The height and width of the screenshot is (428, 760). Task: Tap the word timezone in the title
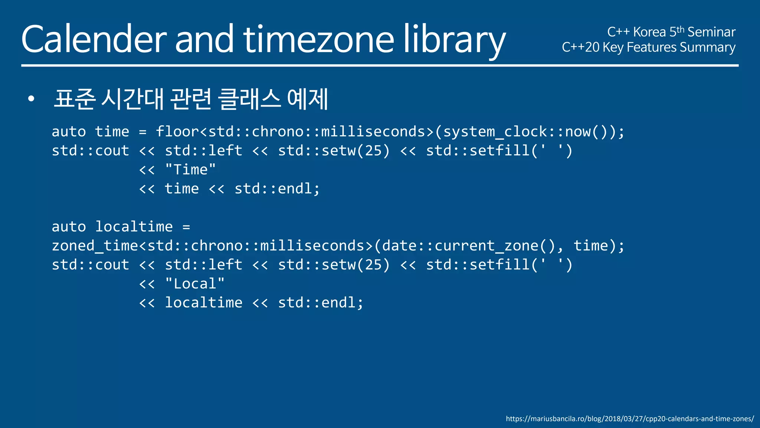click(318, 39)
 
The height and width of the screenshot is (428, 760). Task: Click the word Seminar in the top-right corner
click(711, 32)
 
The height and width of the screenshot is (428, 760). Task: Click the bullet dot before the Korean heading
click(31, 99)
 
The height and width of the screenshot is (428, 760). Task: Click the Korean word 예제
click(308, 99)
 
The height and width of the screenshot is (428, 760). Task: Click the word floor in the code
click(177, 132)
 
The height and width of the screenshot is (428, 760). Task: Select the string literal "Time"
click(190, 170)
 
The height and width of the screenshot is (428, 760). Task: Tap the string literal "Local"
click(195, 284)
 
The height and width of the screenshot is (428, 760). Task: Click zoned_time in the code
click(95, 246)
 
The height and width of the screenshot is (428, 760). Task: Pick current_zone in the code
click(487, 246)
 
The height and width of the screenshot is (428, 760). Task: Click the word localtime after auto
click(134, 227)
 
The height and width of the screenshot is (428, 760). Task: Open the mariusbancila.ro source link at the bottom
click(630, 419)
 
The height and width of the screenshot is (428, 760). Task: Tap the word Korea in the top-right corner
click(649, 32)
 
